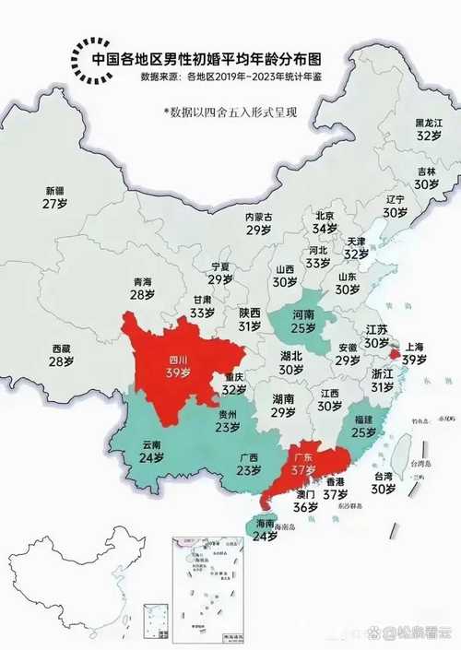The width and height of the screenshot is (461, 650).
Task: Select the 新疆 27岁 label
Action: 54,197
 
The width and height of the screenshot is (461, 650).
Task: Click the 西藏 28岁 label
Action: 61,355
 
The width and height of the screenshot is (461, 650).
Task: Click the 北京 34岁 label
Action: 324,222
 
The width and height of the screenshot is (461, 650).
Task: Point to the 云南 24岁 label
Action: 150,450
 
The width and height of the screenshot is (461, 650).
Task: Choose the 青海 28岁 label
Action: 142,288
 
